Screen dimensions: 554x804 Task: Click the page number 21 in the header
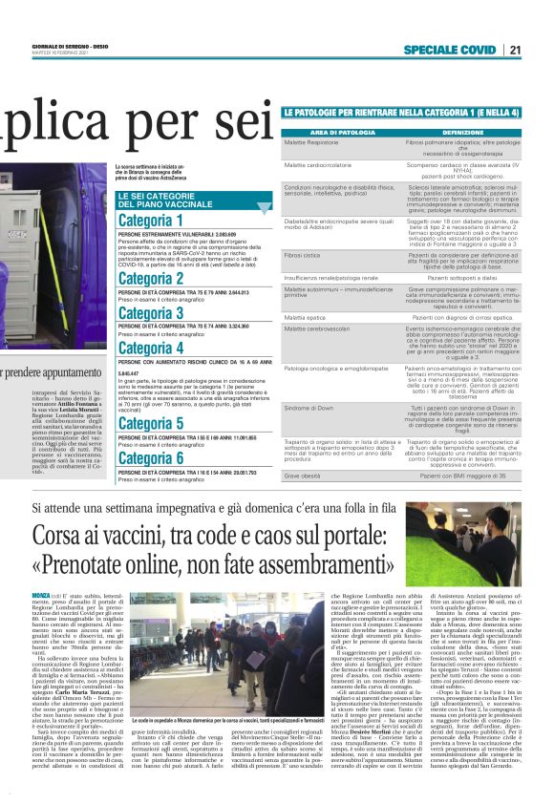(x=542, y=50)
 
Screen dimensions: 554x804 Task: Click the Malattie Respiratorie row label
(x=316, y=141)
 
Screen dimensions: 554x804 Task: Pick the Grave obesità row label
(x=303, y=475)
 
